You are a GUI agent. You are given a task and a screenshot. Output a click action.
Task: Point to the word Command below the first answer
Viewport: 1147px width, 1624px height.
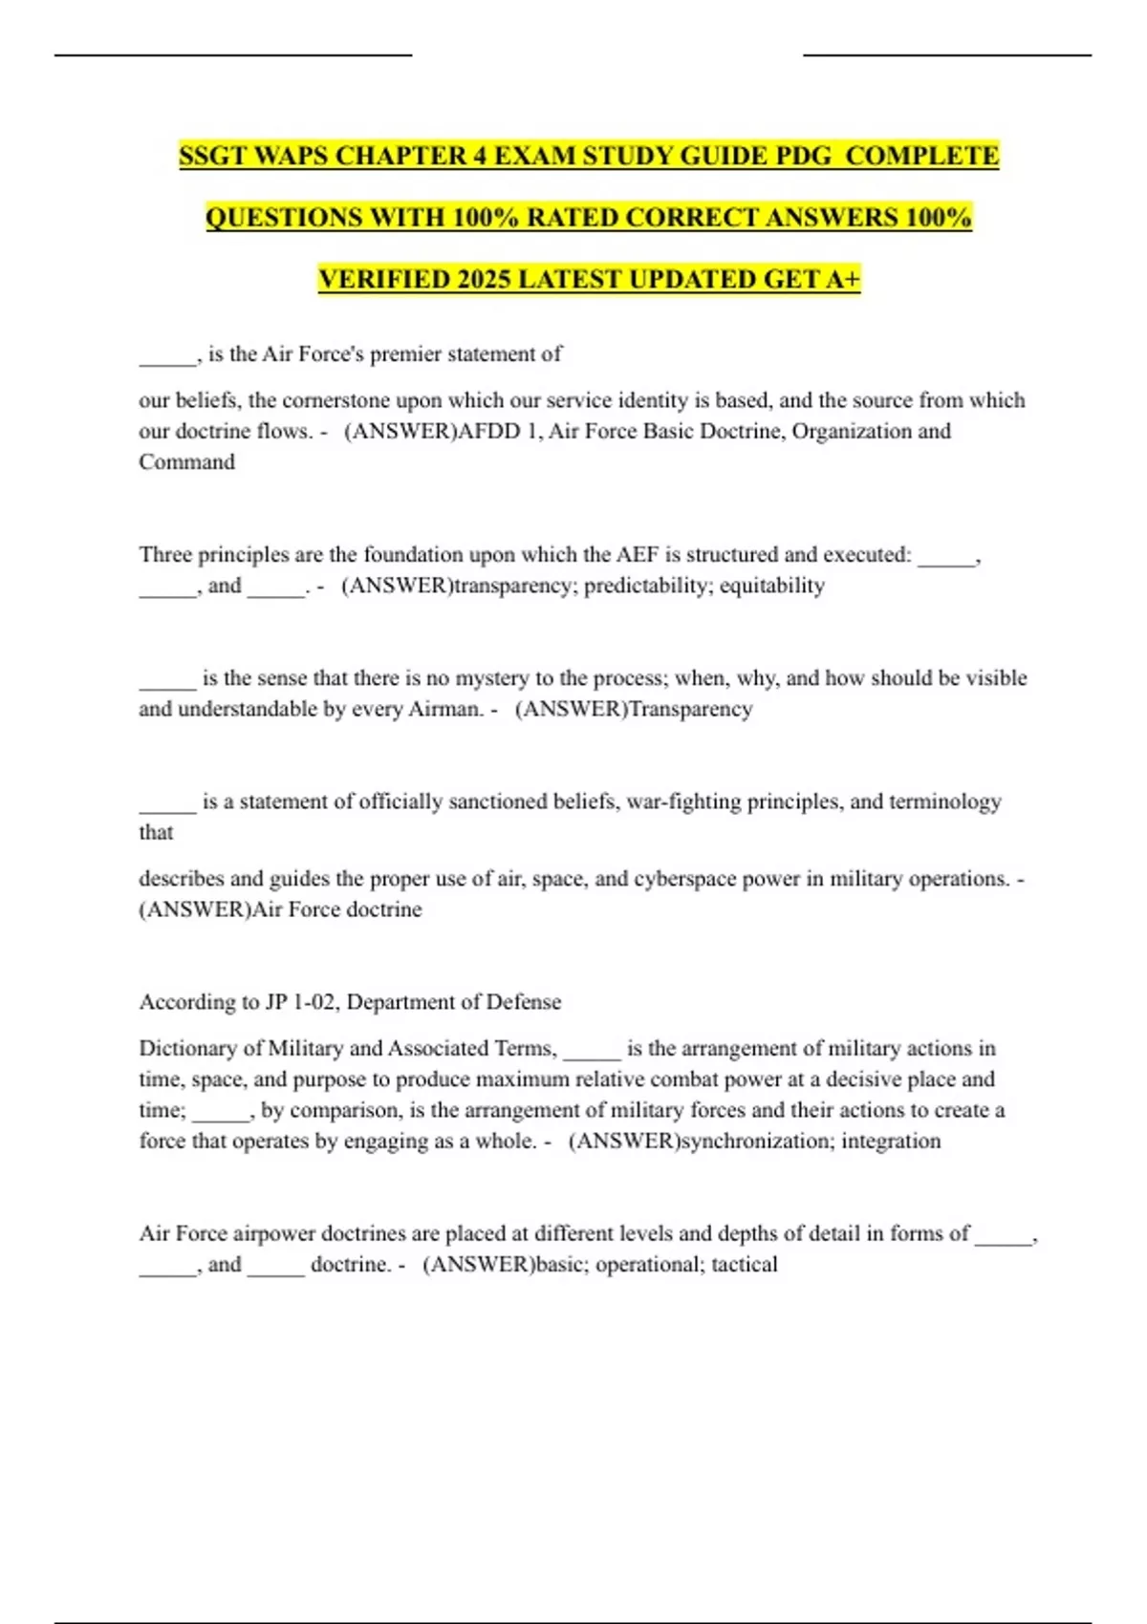click(x=186, y=462)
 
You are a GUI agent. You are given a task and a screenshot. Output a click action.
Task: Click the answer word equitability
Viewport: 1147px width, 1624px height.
click(x=772, y=586)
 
